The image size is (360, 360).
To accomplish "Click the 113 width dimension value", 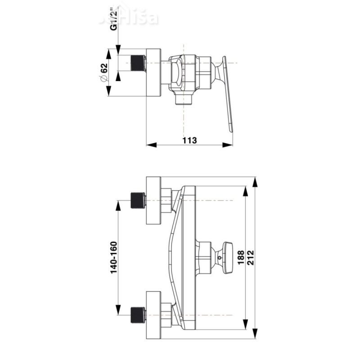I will click(190, 140).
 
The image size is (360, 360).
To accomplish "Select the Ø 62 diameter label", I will click(103, 72).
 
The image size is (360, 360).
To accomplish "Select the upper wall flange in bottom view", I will click(153, 200).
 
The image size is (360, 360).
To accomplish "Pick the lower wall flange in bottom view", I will click(153, 315).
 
